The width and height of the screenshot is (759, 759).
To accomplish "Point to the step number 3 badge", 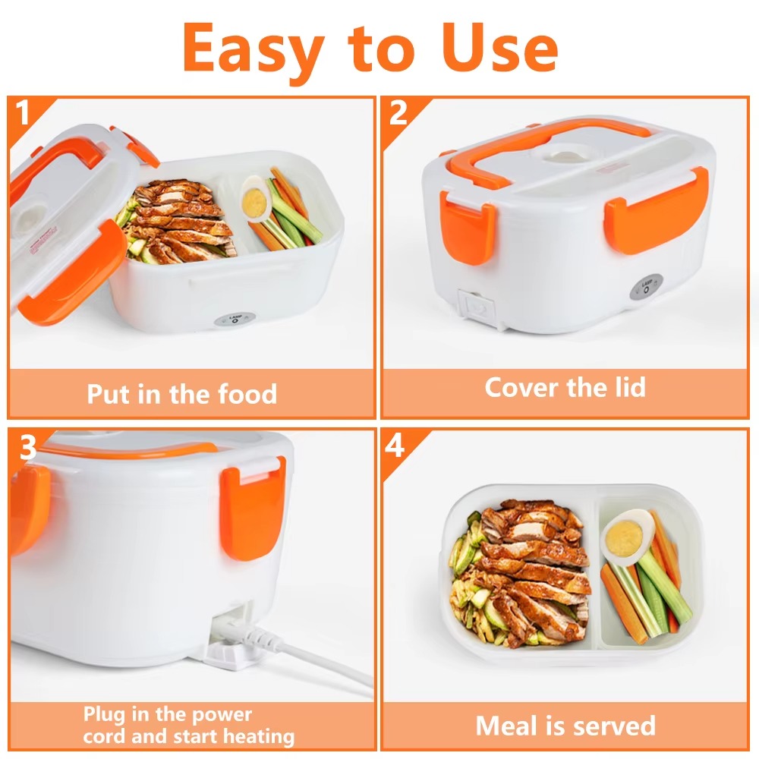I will pos(27,448).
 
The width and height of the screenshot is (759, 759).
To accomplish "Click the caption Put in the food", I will pos(181,394).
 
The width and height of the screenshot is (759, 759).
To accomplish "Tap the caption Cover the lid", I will pos(565,387).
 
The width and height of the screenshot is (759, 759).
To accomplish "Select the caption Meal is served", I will pos(565,726).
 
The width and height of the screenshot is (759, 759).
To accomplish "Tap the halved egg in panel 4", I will pos(627,536).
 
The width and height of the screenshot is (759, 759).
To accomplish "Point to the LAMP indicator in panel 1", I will pos(228,320).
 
